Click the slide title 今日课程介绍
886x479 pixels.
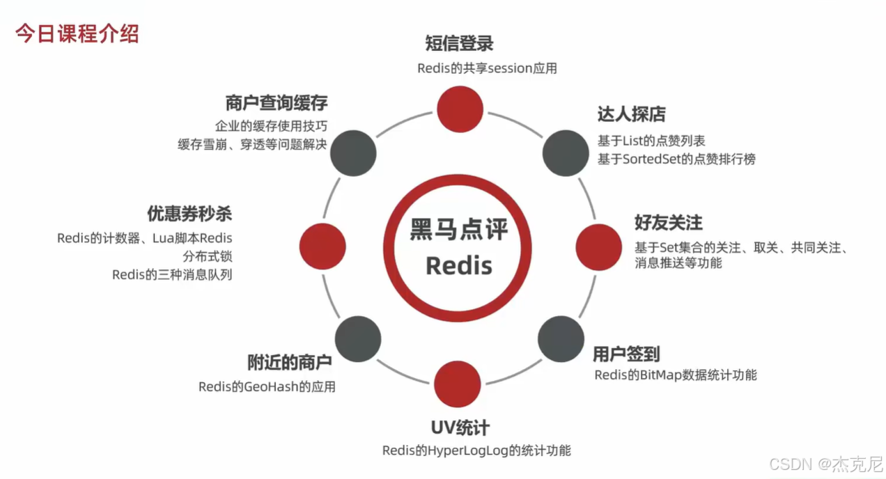pyautogui.click(x=77, y=33)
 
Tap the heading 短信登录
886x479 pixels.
pyautogui.click(x=459, y=43)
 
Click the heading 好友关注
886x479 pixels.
pyautogui.click(x=668, y=223)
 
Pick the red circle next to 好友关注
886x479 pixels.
pyautogui.click(x=599, y=246)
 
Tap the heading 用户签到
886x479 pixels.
pyautogui.click(x=625, y=354)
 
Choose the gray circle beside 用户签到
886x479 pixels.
pyautogui.click(x=561, y=338)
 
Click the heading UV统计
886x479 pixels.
pyautogui.click(x=460, y=426)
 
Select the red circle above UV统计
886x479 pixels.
pyautogui.click(x=457, y=384)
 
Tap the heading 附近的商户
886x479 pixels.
pyautogui.click(x=289, y=362)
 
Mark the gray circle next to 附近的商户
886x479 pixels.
pyautogui.click(x=357, y=338)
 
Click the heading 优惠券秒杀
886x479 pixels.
pyautogui.click(x=189, y=213)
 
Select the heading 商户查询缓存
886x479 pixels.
pyautogui.click(x=277, y=103)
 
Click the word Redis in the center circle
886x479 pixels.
pyautogui.click(x=458, y=265)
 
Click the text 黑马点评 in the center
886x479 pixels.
pyautogui.click(x=458, y=230)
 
